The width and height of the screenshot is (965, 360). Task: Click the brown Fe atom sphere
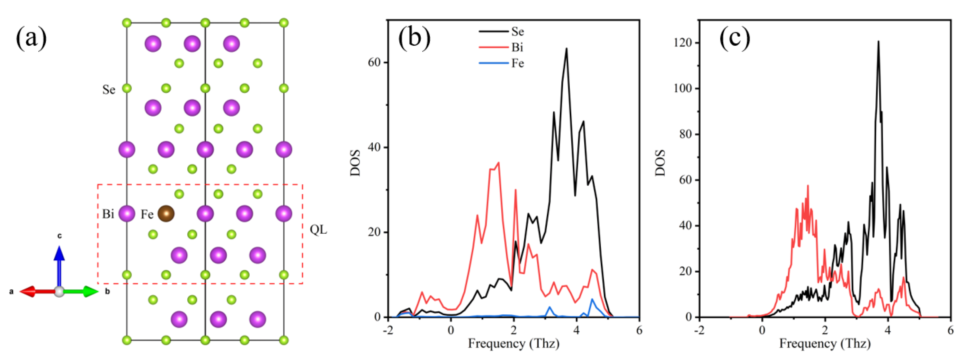[x=166, y=214]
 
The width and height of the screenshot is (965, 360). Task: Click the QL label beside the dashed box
[x=318, y=230]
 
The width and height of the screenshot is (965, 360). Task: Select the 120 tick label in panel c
[x=683, y=43]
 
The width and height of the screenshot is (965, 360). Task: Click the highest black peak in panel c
[x=878, y=42]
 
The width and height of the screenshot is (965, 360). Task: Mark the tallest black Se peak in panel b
[x=567, y=49]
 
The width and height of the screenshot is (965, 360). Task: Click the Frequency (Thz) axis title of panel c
[x=825, y=344]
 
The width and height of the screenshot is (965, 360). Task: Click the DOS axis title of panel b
[x=355, y=163]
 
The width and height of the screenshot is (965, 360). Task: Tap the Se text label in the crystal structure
[x=109, y=90]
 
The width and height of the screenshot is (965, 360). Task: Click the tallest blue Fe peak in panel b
[x=592, y=299]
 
